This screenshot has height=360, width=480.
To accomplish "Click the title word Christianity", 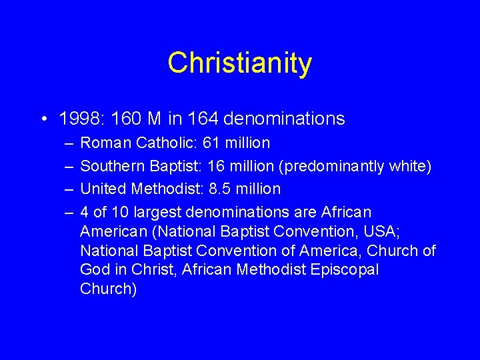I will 239,63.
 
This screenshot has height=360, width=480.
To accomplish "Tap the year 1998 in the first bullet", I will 77,119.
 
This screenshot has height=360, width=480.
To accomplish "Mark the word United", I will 103,189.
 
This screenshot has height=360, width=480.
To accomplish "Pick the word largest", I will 159,213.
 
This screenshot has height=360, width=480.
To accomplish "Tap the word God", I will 95,270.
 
